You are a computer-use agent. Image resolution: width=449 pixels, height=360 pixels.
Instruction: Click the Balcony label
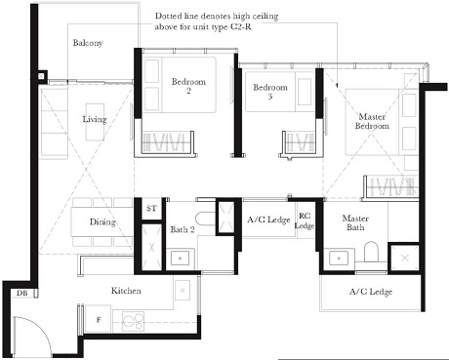88,43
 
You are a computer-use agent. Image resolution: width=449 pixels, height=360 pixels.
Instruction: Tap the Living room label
95,119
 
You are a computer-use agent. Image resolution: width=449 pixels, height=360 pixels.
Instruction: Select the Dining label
102,221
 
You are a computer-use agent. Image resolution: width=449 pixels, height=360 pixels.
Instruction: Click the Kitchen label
128,291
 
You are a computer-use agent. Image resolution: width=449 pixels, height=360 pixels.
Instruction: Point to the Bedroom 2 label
187,87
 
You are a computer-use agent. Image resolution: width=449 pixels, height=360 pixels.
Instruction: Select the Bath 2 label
184,229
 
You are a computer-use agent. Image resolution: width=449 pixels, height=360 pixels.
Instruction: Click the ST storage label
151,209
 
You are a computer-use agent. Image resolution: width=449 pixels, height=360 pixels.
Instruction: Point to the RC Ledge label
305,220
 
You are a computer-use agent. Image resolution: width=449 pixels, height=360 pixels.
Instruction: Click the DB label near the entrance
21,293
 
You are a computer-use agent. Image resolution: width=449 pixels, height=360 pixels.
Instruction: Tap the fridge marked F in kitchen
98,318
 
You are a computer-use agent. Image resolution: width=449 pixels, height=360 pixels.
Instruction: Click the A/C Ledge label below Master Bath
370,292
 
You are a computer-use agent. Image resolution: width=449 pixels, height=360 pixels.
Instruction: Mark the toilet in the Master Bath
370,255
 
